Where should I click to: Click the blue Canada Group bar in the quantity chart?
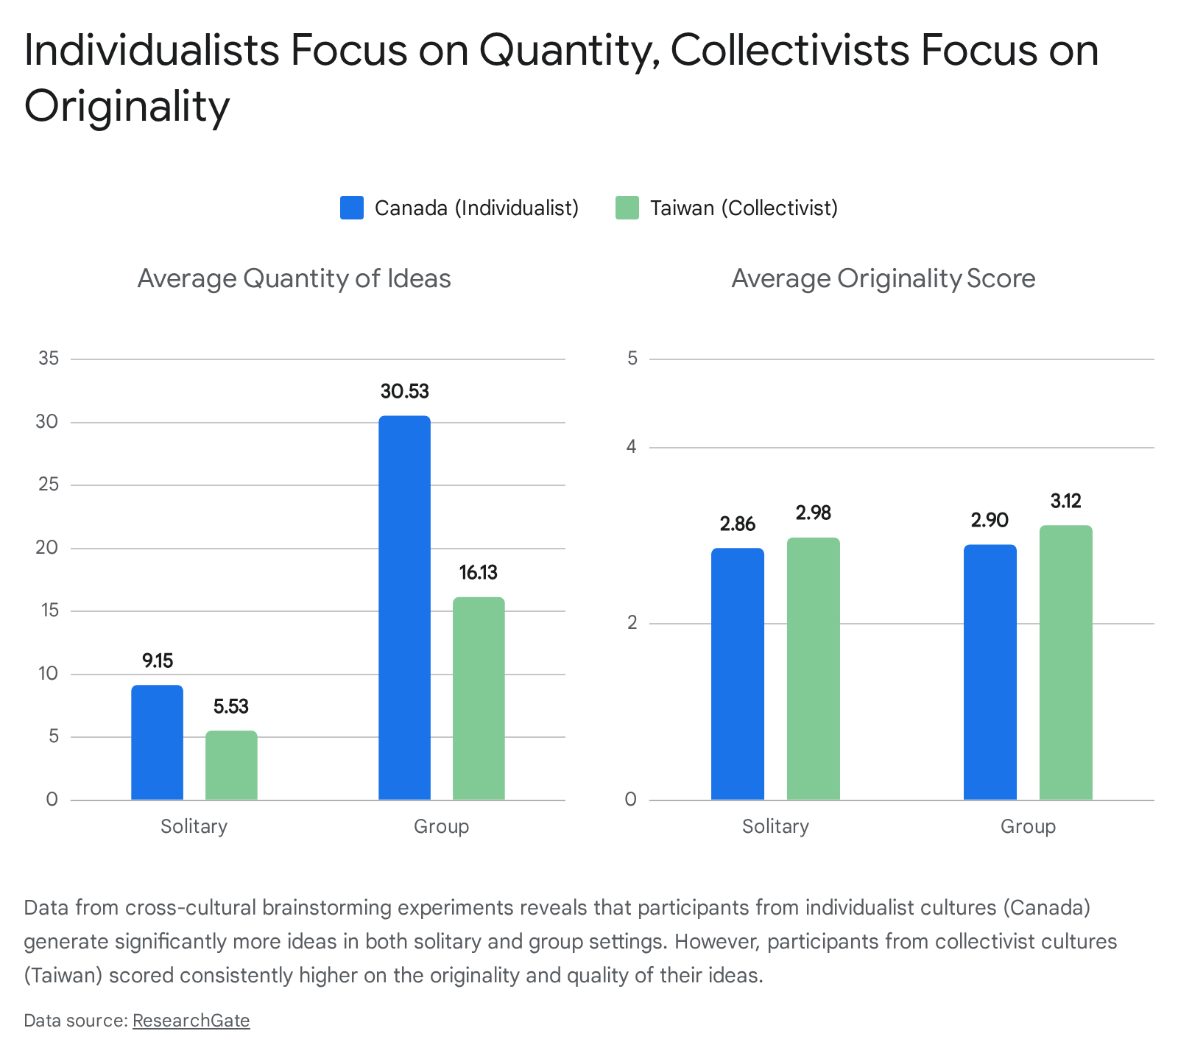click(x=404, y=608)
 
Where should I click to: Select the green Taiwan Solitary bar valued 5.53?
click(x=231, y=765)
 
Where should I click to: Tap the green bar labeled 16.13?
click(x=479, y=698)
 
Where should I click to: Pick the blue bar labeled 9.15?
click(x=157, y=742)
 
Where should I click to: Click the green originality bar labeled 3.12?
click(x=1065, y=663)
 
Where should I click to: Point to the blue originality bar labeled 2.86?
click(x=738, y=674)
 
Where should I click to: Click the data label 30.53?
click(x=404, y=391)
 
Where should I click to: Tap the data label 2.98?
click(x=814, y=513)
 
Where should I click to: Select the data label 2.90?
click(x=990, y=520)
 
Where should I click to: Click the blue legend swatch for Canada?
click(x=352, y=208)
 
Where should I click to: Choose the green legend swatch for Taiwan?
click(x=627, y=208)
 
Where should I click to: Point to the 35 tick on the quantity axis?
click(x=49, y=359)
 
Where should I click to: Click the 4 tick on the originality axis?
click(x=632, y=447)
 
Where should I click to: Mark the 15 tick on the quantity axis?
click(x=49, y=610)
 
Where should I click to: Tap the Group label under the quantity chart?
click(x=441, y=826)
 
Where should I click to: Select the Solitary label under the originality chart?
click(x=775, y=826)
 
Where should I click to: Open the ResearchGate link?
click(x=191, y=1021)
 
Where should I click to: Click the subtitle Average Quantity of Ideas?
click(x=294, y=278)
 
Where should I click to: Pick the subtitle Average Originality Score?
click(x=883, y=278)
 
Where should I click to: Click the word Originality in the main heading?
click(x=127, y=105)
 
